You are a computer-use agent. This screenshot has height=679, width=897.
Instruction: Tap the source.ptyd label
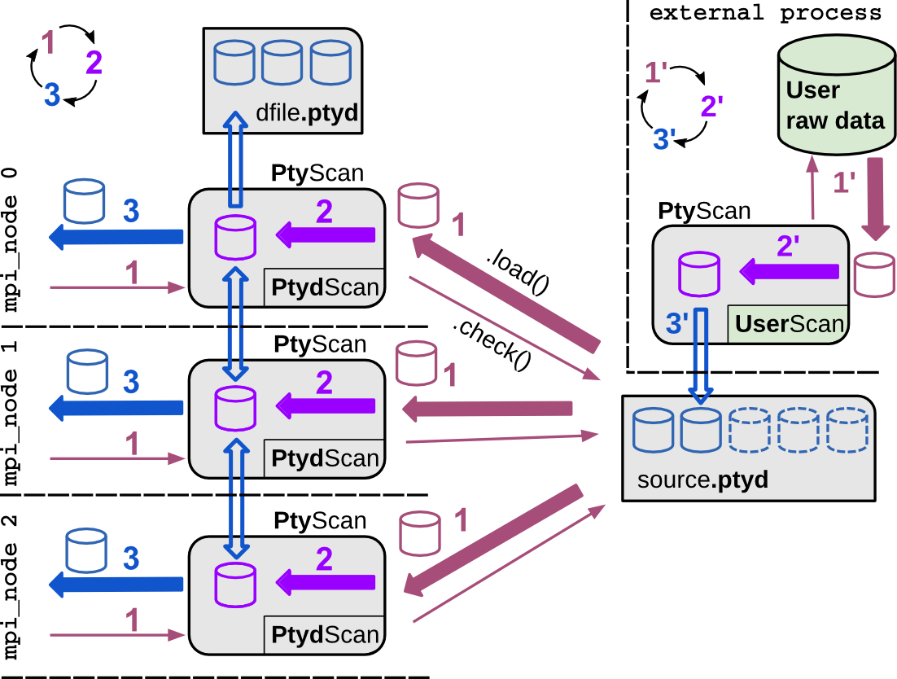click(x=702, y=479)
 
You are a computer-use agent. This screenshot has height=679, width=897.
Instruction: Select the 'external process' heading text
click(x=764, y=13)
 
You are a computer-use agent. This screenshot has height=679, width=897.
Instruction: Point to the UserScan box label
click(x=789, y=324)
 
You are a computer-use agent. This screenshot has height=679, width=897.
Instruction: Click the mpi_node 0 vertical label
click(x=11, y=241)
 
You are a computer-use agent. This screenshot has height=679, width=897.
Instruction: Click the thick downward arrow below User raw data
click(x=876, y=198)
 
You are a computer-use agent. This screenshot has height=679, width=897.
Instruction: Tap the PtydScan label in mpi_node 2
click(x=325, y=635)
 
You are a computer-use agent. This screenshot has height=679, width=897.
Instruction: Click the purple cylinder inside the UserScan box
click(x=699, y=273)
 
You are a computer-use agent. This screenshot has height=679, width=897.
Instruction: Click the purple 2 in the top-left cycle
click(x=94, y=63)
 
